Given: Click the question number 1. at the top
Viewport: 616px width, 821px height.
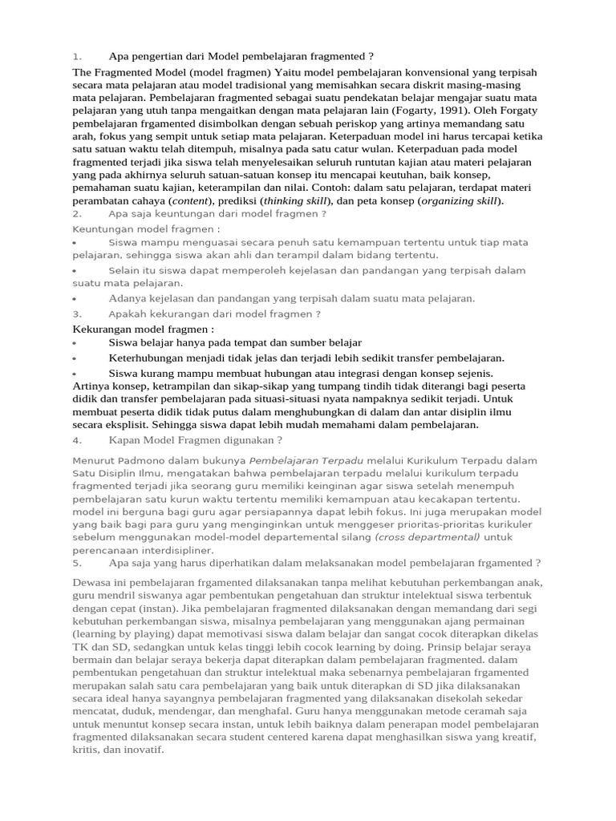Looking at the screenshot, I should click(77, 56).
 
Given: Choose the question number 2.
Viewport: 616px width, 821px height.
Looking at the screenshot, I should click(77, 214).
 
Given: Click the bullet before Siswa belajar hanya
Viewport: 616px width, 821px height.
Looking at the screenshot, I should click(75, 343).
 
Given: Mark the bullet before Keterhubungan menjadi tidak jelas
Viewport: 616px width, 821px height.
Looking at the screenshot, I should click(75, 358).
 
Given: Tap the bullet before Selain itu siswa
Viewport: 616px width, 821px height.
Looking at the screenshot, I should click(75, 272).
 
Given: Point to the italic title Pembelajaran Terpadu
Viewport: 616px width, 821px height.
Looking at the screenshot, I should click(306, 461).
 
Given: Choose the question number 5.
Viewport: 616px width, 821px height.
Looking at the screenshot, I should click(77, 563).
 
